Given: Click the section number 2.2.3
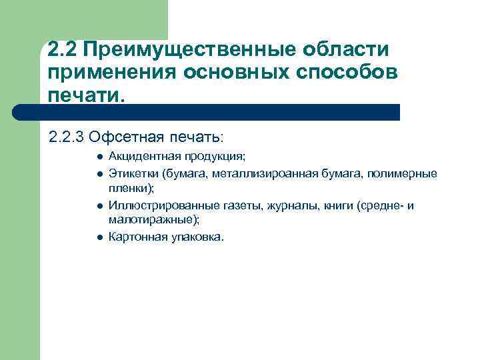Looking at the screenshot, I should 66,137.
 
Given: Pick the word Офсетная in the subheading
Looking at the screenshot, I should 122,137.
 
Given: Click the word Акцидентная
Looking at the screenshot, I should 139,157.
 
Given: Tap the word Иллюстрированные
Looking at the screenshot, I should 153,205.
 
